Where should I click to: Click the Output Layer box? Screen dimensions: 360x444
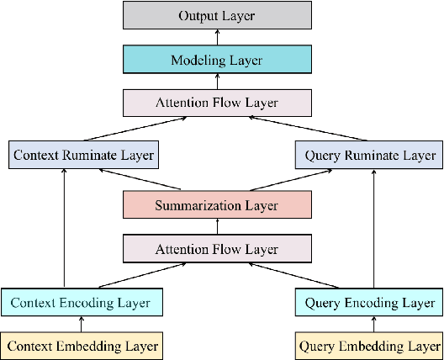coord(217,16)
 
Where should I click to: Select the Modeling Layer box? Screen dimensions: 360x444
coord(217,60)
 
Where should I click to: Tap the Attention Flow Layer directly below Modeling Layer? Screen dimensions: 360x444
coord(217,103)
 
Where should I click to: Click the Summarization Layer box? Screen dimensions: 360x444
coord(217,205)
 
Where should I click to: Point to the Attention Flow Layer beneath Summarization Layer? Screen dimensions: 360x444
coord(217,250)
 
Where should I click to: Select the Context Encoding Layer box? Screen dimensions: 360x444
coord(82,301)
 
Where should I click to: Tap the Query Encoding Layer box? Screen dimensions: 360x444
coord(369,301)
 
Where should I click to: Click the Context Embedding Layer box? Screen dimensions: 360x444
coord(82,346)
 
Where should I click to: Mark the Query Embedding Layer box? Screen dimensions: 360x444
coord(369,346)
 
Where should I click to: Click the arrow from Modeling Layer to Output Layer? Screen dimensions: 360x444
coord(217,38)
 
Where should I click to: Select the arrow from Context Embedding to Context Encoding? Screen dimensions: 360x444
coord(82,324)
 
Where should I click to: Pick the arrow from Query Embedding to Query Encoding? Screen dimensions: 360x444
coord(369,324)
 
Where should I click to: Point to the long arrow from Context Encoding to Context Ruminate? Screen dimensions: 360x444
coord(64,227)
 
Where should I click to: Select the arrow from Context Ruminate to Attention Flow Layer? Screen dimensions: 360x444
coord(135,130)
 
